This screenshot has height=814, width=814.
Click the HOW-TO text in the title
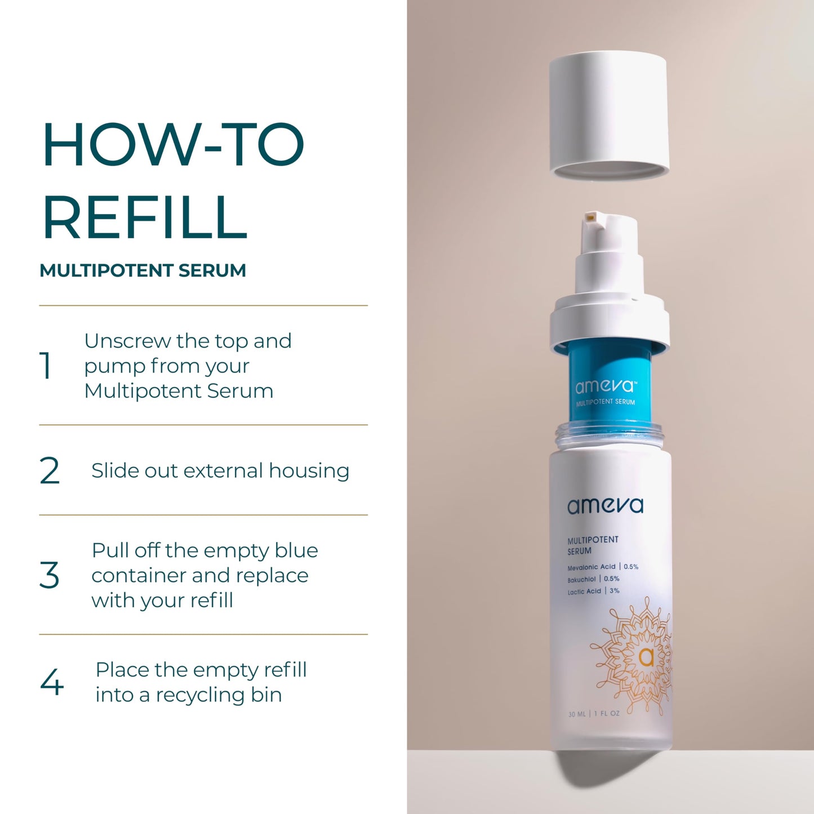(173, 145)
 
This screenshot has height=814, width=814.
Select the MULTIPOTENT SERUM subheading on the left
(143, 270)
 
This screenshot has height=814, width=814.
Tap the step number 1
(46, 366)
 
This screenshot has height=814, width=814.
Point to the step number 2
(50, 471)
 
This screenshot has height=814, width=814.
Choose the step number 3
(50, 575)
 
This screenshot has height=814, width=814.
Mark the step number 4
(52, 682)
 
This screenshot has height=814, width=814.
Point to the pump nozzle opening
(590, 217)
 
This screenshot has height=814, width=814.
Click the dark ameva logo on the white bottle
(605, 506)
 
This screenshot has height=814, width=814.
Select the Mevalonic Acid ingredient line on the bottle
(602, 567)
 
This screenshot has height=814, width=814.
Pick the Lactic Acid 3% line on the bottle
(593, 591)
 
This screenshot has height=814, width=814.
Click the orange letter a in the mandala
(646, 657)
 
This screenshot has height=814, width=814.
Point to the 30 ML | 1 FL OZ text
(594, 714)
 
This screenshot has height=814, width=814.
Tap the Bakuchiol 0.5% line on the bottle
(593, 579)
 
